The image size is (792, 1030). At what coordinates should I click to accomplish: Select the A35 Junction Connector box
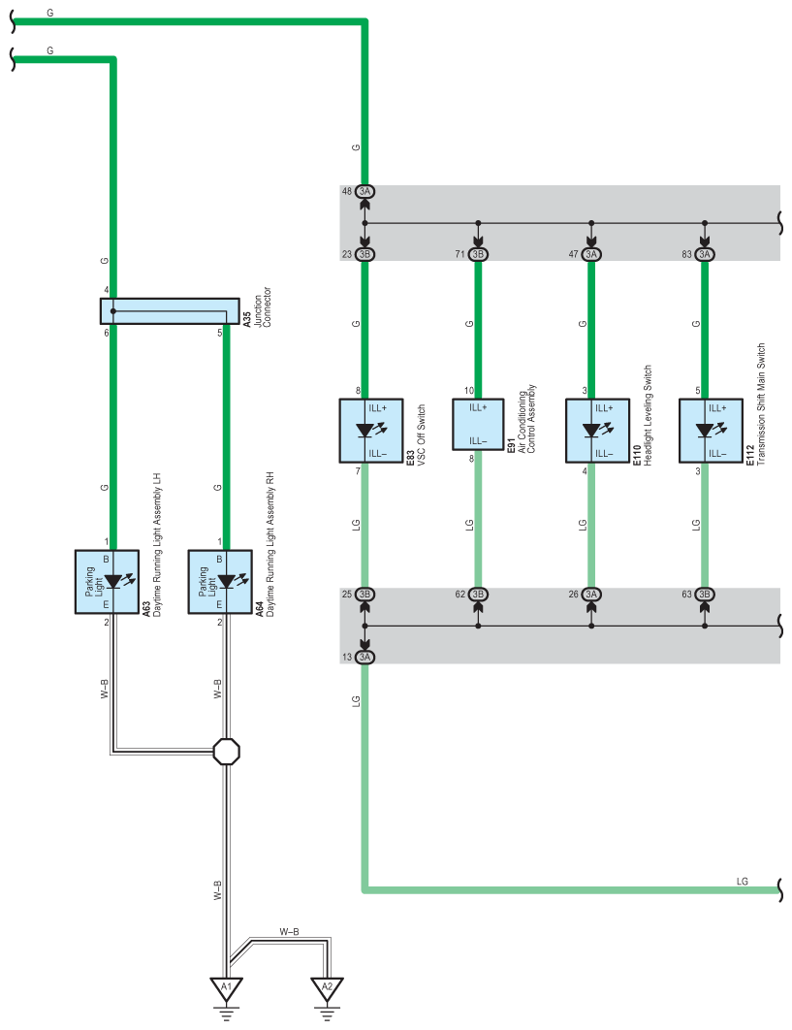[x=170, y=310]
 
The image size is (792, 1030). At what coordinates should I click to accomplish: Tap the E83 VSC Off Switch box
[x=371, y=431]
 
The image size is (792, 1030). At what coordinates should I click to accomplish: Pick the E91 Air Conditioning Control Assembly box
[x=478, y=424]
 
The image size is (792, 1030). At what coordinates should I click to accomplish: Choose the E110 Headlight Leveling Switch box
[x=597, y=431]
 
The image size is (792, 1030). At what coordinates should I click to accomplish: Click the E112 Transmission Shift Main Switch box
[x=712, y=431]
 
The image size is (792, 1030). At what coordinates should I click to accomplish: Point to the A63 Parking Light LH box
[x=107, y=582]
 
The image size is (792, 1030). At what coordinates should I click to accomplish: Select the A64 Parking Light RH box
[x=220, y=582]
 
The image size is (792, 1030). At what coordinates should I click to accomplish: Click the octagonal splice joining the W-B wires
[x=227, y=752]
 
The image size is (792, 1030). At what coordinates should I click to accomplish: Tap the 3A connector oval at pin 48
[x=365, y=192]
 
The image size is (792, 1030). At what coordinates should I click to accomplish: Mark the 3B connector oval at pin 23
[x=365, y=254]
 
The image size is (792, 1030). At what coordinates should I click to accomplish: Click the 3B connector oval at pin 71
[x=478, y=254]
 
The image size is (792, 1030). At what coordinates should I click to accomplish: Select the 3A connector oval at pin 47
[x=591, y=254]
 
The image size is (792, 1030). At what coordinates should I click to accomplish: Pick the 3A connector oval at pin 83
[x=705, y=254]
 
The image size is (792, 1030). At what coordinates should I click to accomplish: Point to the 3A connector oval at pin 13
[x=365, y=657]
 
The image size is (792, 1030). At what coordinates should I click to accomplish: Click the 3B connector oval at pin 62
[x=478, y=595]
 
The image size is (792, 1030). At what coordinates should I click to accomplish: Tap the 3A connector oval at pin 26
[x=591, y=595]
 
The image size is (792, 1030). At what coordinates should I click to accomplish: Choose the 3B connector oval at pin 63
[x=705, y=595]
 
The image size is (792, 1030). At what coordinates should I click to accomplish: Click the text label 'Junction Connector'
[x=262, y=306]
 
